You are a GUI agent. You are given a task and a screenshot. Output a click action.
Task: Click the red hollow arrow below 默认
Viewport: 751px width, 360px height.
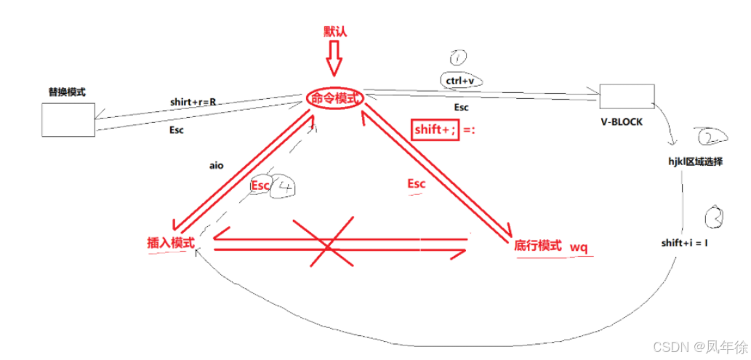334,58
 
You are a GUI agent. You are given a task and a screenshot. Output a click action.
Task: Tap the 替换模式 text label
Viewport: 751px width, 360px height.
67,92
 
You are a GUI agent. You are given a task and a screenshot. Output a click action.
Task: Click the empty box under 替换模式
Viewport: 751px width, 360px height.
68,119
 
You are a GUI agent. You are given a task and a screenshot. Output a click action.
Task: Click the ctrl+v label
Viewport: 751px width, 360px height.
460,80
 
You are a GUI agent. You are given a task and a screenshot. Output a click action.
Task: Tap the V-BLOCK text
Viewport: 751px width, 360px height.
622,122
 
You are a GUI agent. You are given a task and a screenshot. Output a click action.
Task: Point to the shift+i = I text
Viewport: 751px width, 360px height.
684,242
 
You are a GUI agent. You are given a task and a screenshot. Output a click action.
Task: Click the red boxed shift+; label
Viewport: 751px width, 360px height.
435,129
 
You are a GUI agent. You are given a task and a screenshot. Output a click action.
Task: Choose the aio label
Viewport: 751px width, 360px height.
216,166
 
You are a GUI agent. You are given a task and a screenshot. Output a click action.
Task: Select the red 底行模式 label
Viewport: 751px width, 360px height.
538,247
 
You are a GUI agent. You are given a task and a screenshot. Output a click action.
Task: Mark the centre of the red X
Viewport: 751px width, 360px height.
328,248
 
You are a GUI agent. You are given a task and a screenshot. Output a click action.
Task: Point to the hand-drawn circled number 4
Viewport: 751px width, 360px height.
286,187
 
